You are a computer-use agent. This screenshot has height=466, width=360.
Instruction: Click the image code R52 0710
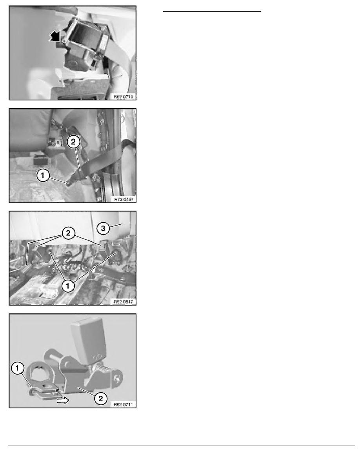tap(124, 96)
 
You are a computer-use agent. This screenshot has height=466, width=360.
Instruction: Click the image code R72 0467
tap(124, 199)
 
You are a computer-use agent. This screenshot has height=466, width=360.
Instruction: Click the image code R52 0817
tap(124, 302)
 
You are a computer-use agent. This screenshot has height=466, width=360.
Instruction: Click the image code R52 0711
tap(124, 404)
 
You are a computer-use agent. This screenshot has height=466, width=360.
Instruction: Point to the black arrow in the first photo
tap(55, 36)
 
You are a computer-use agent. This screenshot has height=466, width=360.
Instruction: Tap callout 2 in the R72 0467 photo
tap(73, 142)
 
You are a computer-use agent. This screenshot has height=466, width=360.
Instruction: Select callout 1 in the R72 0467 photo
tap(43, 175)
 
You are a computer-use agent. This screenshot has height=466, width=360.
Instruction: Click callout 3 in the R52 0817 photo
tap(103, 228)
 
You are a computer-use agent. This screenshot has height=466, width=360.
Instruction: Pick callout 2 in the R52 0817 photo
tap(68, 233)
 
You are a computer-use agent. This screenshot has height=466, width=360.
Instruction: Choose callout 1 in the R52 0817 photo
tap(68, 286)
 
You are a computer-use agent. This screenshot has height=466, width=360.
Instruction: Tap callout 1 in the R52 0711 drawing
tap(17, 368)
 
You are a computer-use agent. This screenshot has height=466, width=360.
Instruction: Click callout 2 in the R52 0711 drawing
tap(101, 398)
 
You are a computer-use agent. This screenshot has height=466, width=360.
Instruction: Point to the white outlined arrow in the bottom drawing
tap(63, 400)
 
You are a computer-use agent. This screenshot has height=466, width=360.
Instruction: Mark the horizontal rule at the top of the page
tap(212, 12)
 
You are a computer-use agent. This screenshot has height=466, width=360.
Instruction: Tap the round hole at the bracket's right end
tap(118, 378)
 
